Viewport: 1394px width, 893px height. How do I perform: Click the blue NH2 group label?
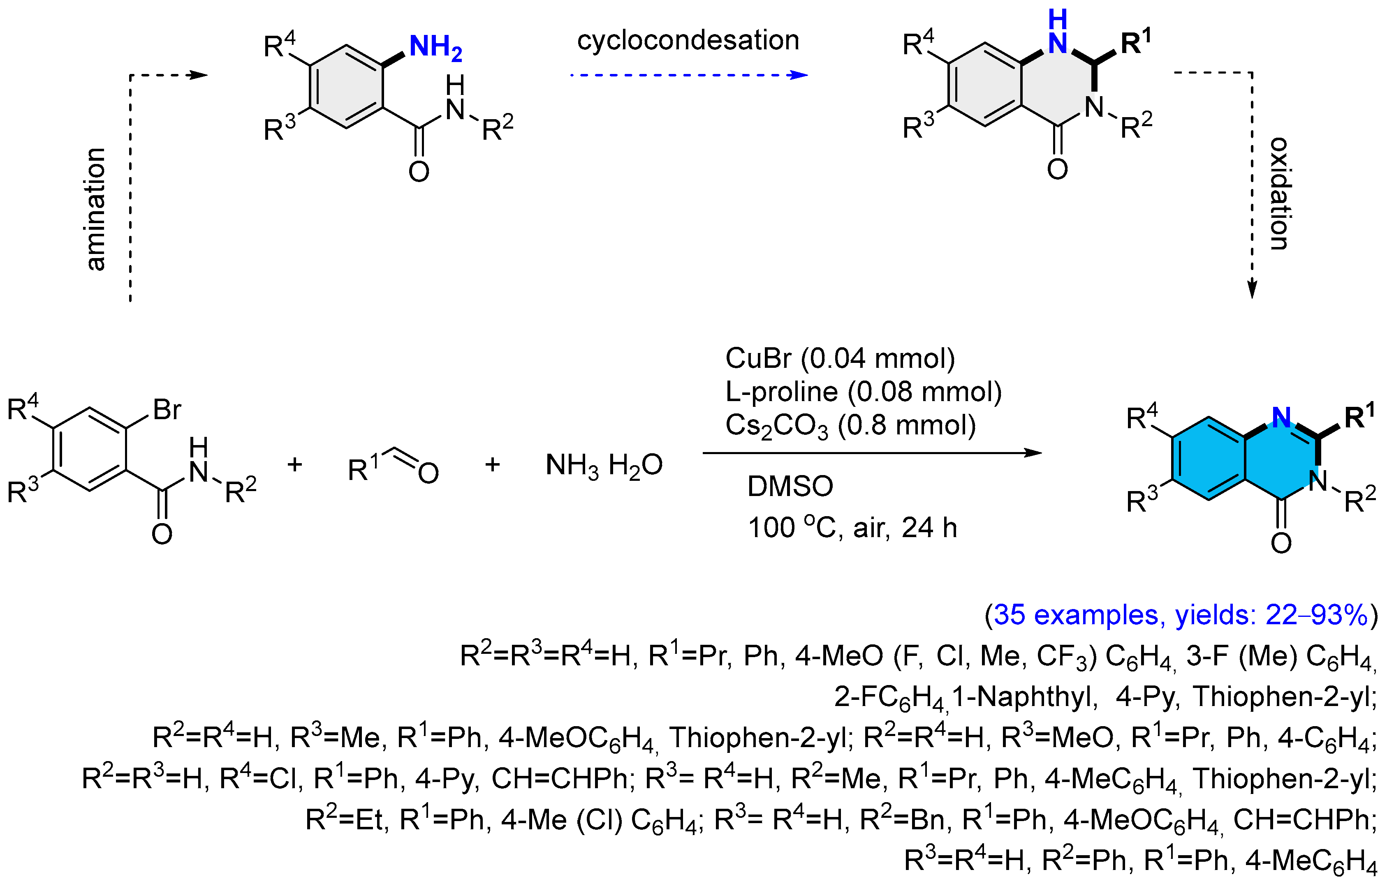[x=435, y=47]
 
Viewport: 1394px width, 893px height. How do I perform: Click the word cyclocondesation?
[x=688, y=41]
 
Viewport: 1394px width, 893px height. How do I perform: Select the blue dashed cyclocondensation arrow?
[x=689, y=75]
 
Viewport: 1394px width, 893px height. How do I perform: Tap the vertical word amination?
[x=96, y=209]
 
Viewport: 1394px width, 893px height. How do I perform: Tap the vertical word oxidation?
[x=1280, y=194]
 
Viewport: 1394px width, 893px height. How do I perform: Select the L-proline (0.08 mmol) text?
[x=863, y=392]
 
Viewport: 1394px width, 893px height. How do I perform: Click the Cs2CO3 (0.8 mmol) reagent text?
[x=850, y=426]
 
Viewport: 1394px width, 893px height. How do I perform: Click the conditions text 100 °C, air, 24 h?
[x=852, y=528]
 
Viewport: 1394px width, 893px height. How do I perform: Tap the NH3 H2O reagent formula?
[x=604, y=466]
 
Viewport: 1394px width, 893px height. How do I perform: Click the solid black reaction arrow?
[x=872, y=453]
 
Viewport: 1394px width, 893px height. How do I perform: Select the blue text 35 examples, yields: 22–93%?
[x=1181, y=615]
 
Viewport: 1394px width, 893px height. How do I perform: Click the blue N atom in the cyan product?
[x=1281, y=417]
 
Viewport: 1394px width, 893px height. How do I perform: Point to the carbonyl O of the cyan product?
[x=1281, y=543]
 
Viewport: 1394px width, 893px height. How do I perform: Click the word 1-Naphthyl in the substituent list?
[x=1026, y=697]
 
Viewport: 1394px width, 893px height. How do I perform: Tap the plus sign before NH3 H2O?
[x=493, y=464]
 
